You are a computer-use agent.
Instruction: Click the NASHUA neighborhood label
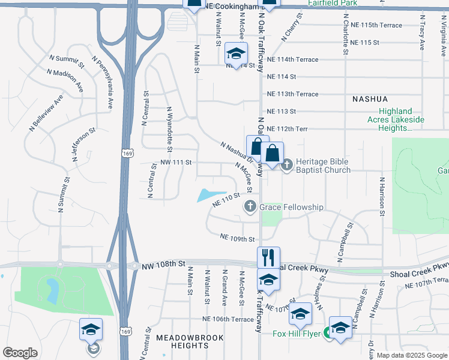click(370, 98)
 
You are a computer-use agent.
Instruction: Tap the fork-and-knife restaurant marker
click(268, 257)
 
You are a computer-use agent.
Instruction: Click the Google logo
click(20, 353)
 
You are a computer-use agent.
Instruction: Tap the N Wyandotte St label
click(170, 129)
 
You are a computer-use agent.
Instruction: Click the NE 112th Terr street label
click(286, 129)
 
